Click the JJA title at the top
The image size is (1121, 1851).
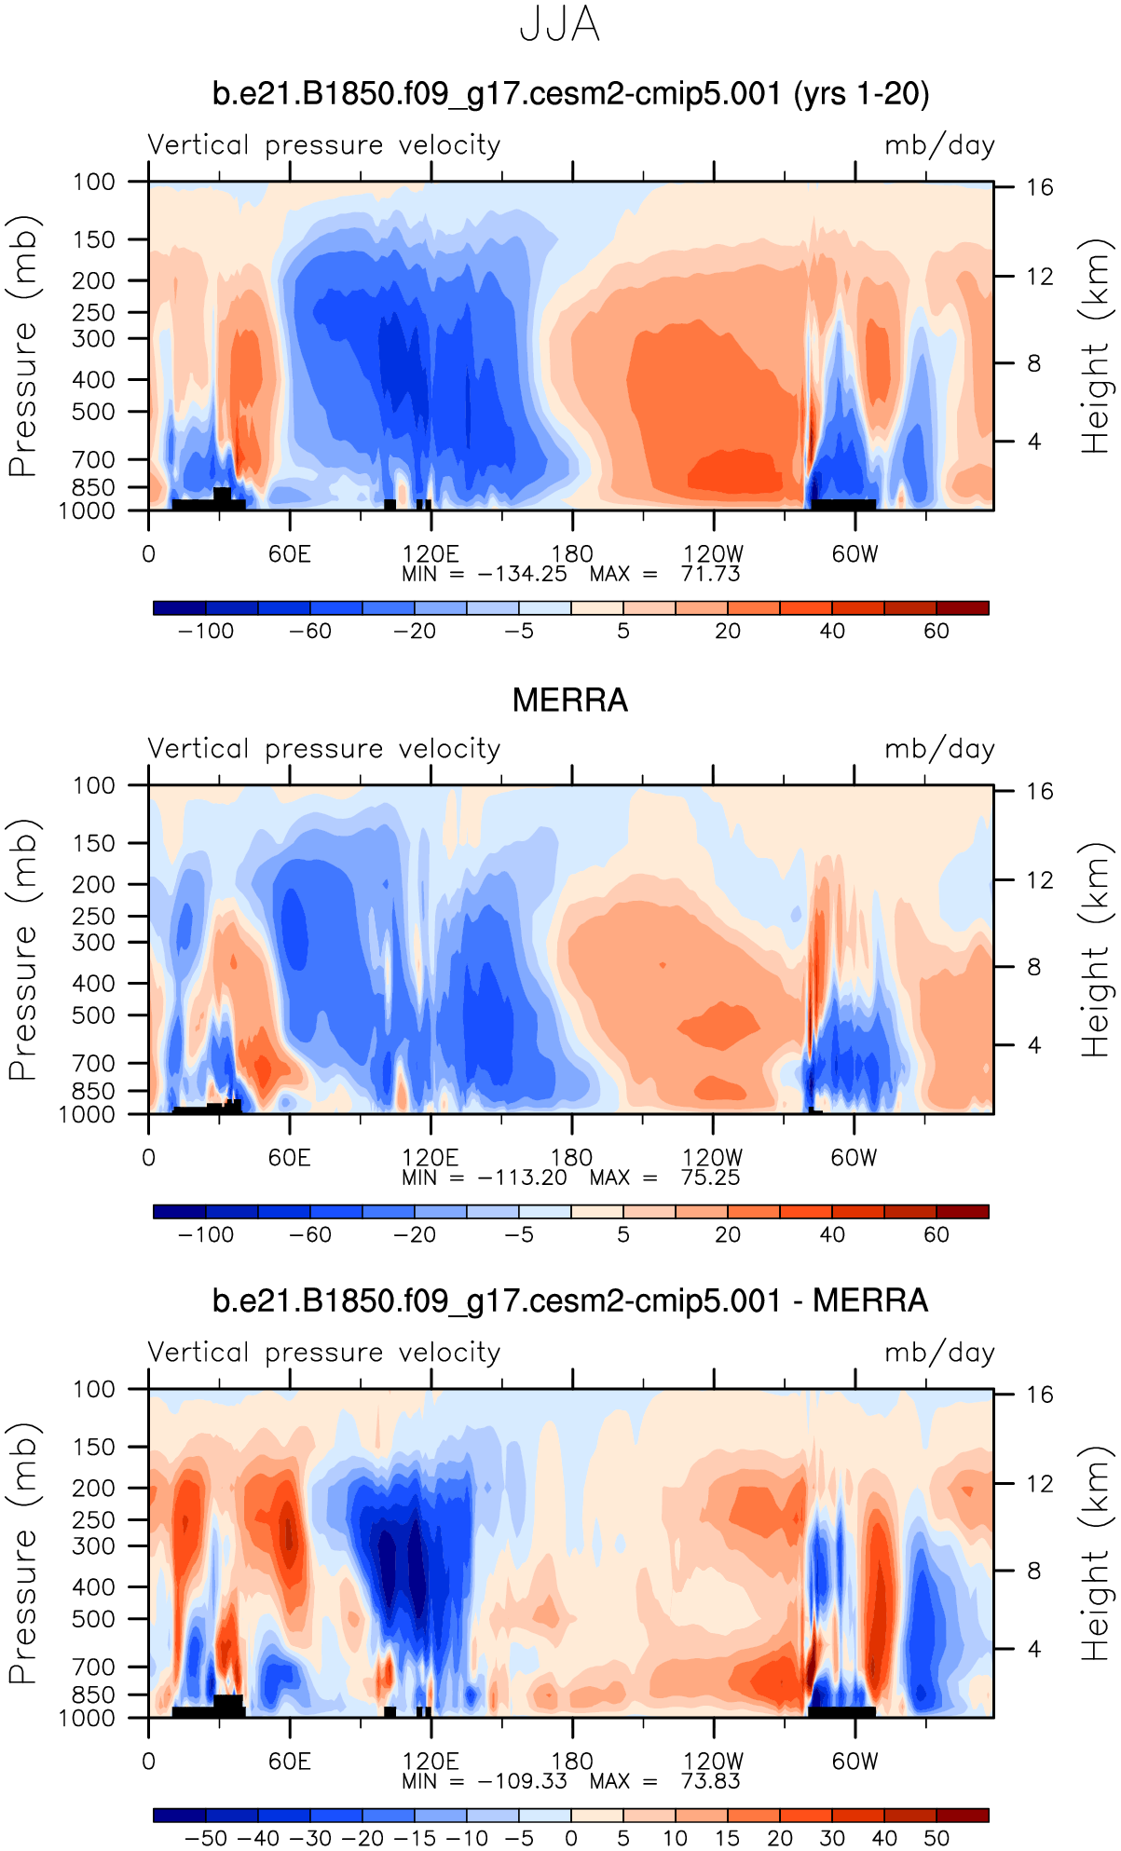pos(559,26)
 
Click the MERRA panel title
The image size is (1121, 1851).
pos(570,701)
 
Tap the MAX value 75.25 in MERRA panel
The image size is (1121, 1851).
pos(710,1177)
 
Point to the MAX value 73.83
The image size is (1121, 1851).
pos(710,1781)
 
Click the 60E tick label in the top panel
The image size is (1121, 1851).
pos(290,554)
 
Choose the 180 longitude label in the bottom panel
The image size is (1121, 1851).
pos(571,1761)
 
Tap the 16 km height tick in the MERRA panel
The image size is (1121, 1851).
pos(1040,792)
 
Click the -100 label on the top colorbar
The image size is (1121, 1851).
pos(206,632)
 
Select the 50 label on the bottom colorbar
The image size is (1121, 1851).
pos(936,1838)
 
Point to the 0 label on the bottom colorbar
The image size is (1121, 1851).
pos(571,1838)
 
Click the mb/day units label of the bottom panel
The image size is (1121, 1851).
pos(939,1353)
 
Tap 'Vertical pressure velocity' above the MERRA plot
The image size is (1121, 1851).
pos(324,749)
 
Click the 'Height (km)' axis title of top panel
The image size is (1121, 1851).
pos(1096,347)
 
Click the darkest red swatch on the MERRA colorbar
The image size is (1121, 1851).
pos(963,1211)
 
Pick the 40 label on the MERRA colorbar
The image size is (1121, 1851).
pos(832,1235)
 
